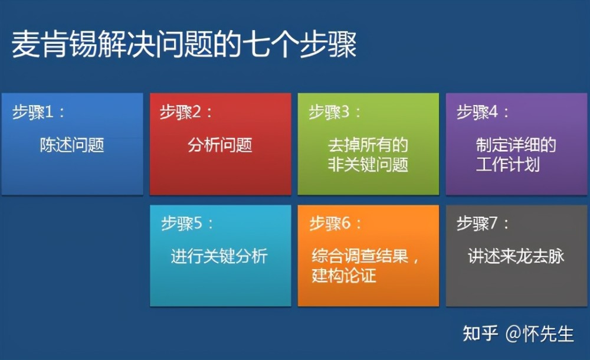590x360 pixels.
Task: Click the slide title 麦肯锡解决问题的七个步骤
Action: coord(184,44)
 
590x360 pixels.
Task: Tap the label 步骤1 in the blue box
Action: coord(32,112)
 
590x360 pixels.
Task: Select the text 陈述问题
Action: coord(72,145)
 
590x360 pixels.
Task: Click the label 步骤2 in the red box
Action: coord(181,112)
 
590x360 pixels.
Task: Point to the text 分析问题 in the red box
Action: coord(219,145)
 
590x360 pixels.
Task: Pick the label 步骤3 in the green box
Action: coord(329,112)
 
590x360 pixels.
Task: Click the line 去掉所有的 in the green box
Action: coord(368,145)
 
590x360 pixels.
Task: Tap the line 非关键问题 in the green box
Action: coord(368,165)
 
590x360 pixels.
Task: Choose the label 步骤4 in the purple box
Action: coord(477,112)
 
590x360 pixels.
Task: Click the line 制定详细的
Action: coord(516,145)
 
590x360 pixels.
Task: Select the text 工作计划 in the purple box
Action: coord(507,165)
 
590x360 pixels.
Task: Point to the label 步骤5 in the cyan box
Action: coord(182,223)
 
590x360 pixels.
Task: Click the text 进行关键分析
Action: coord(219,256)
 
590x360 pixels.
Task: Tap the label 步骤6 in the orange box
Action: coord(330,223)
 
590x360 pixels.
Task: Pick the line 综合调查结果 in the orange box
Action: coord(360,256)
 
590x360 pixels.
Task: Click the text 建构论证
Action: coord(344,275)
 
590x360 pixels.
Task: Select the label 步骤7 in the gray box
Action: coord(477,223)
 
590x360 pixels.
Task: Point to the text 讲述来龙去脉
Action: coord(516,256)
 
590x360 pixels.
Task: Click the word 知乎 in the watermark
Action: coord(480,333)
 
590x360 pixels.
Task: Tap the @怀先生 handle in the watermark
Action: coord(540,334)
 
